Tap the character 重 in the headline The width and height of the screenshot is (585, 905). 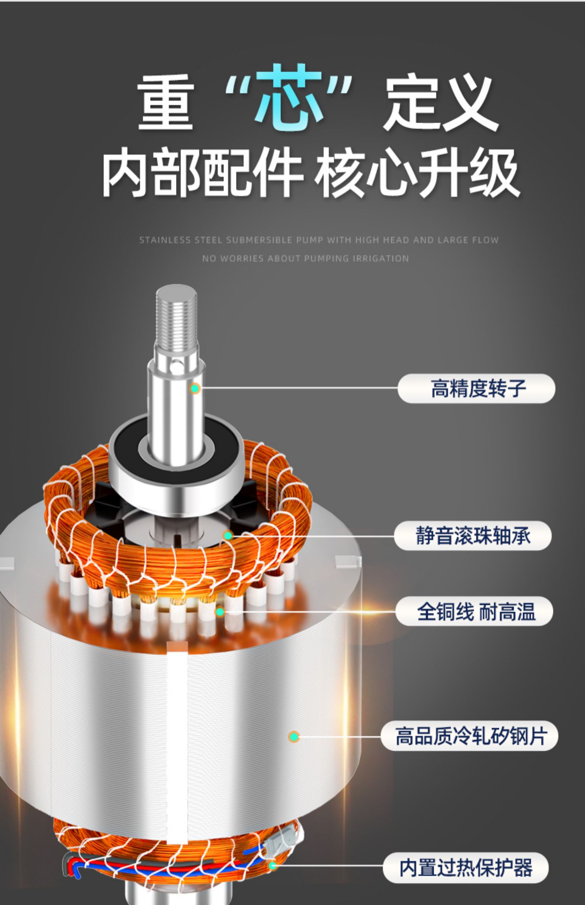[166, 102]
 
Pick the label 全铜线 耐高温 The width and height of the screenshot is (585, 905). [476, 611]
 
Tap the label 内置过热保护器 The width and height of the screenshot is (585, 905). [466, 867]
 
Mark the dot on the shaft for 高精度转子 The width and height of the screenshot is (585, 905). [195, 388]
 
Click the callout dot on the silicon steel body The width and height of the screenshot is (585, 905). [294, 736]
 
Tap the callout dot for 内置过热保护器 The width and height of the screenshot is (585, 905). [273, 866]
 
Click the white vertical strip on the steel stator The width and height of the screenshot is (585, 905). [177, 741]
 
